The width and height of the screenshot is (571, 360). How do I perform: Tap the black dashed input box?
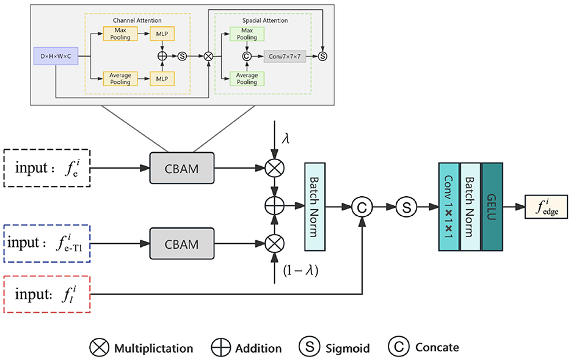(x=46, y=166)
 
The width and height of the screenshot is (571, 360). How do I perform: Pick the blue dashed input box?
(x=46, y=243)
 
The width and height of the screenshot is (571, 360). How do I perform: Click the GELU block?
(x=492, y=207)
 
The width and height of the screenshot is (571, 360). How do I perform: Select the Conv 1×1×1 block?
(x=448, y=207)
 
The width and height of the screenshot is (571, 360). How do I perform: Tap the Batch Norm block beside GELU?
(x=470, y=207)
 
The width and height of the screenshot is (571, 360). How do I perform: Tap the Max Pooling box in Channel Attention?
(x=120, y=34)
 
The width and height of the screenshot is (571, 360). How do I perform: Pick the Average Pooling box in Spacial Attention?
(x=247, y=79)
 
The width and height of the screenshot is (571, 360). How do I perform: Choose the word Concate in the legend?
(x=437, y=348)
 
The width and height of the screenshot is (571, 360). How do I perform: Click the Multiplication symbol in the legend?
(x=98, y=348)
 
